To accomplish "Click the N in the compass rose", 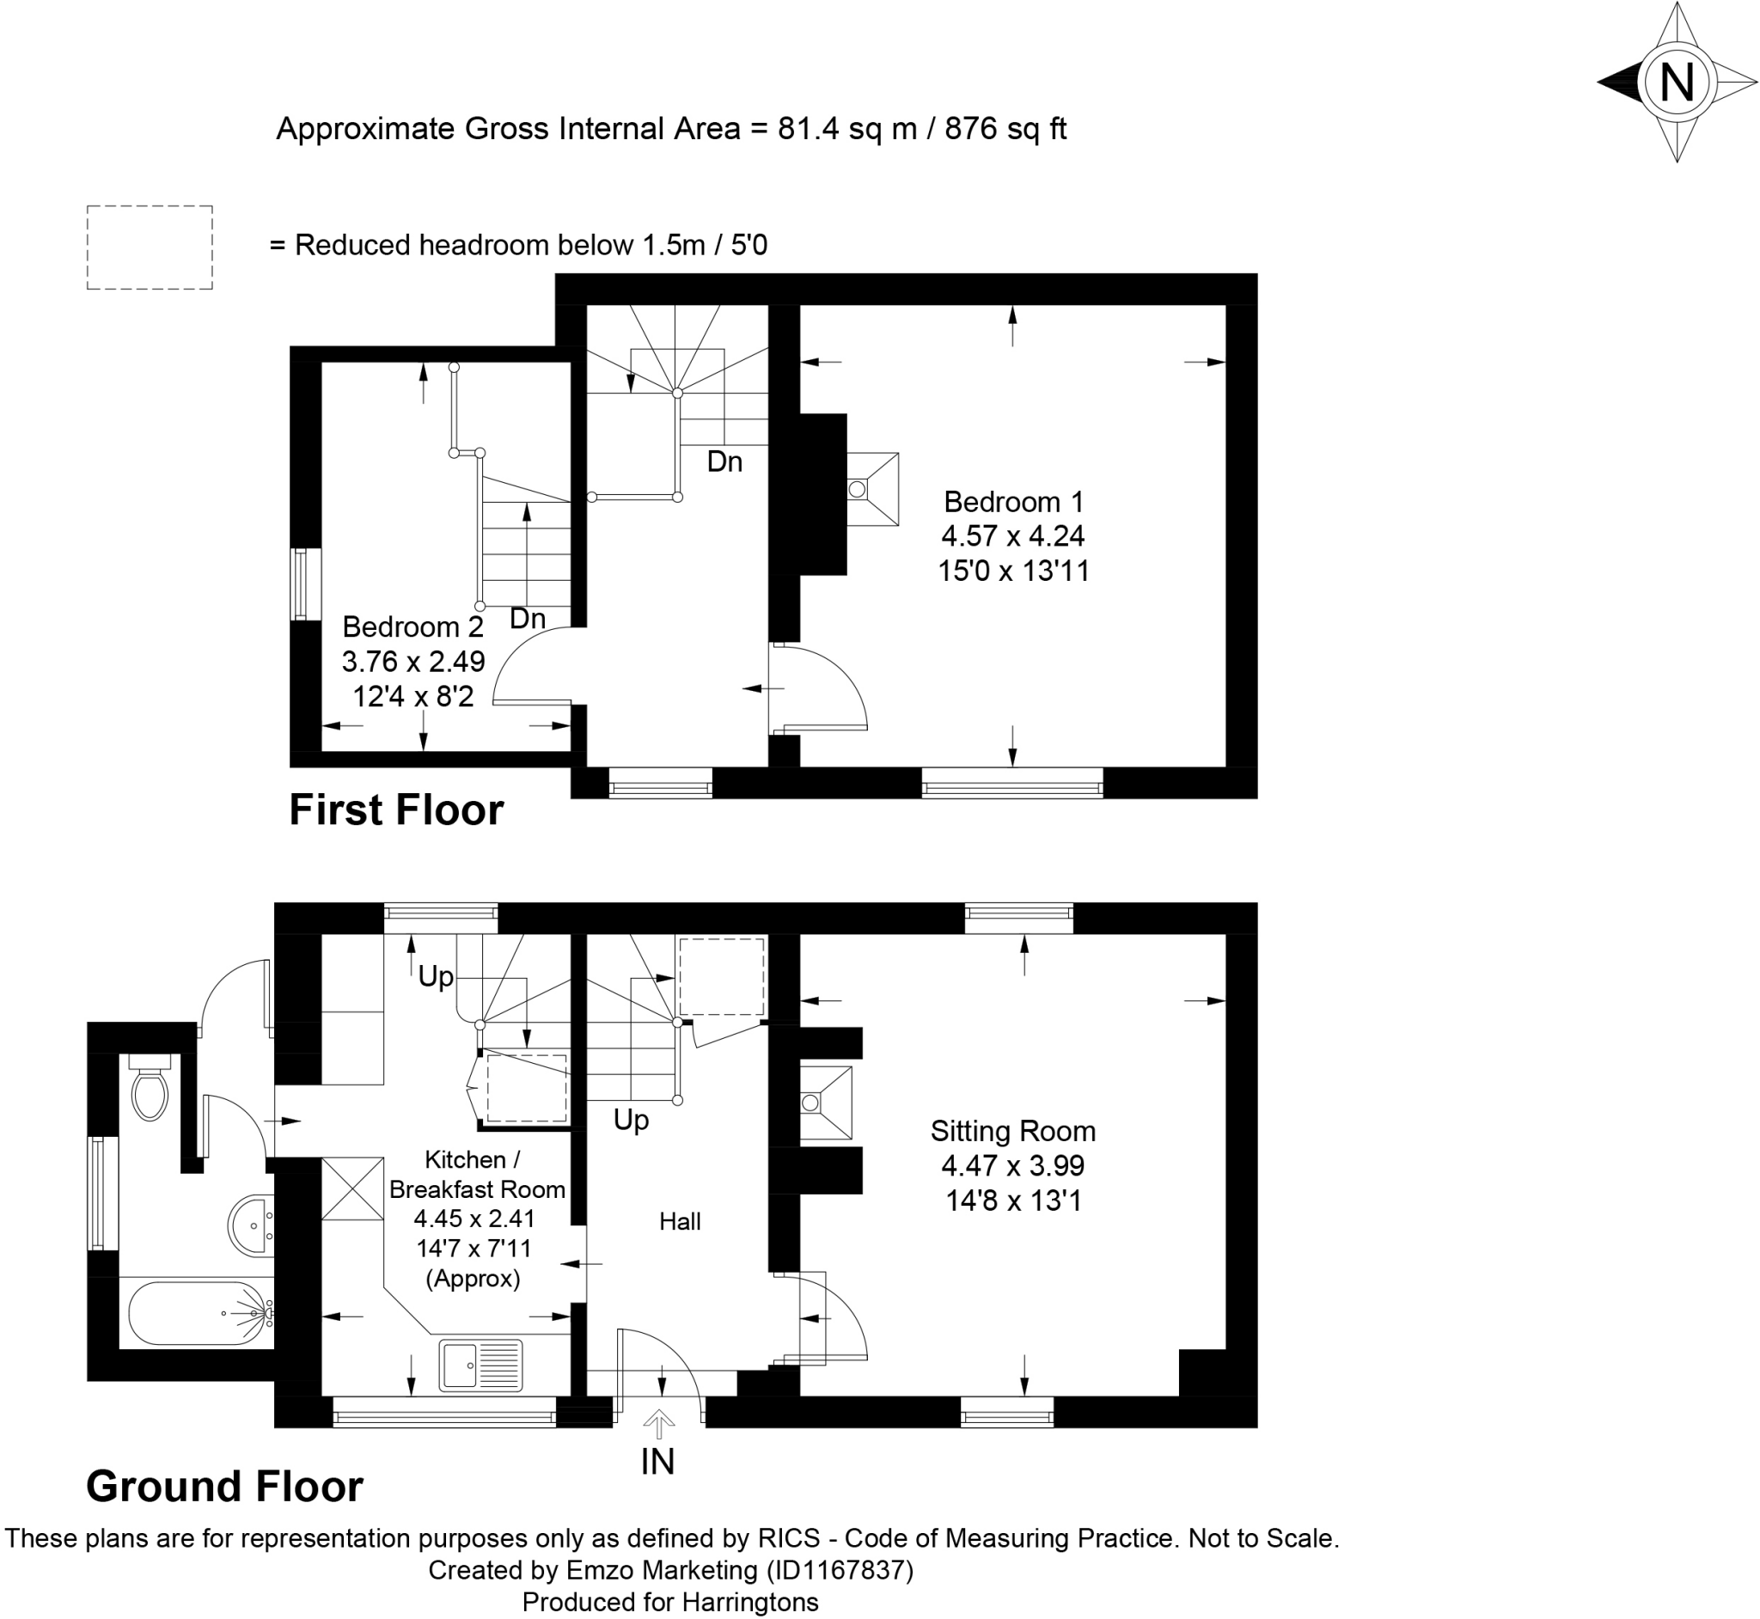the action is (x=1677, y=84).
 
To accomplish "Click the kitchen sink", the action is (x=481, y=1365).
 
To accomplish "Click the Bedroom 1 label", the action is (x=1013, y=502).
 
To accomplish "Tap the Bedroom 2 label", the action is (x=412, y=627).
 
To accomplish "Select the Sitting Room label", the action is (x=1012, y=1131).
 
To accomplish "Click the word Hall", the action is (x=680, y=1221).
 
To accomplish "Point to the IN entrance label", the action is (x=658, y=1461).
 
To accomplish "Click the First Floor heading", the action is (x=396, y=810).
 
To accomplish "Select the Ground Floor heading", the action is (x=224, y=1487).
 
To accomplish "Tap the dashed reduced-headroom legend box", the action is (x=150, y=247).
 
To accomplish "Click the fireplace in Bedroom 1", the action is (x=871, y=489).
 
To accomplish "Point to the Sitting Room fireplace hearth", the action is (x=824, y=1103).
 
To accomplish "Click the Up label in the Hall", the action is (x=631, y=1120).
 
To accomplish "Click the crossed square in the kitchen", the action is (x=353, y=1188).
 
